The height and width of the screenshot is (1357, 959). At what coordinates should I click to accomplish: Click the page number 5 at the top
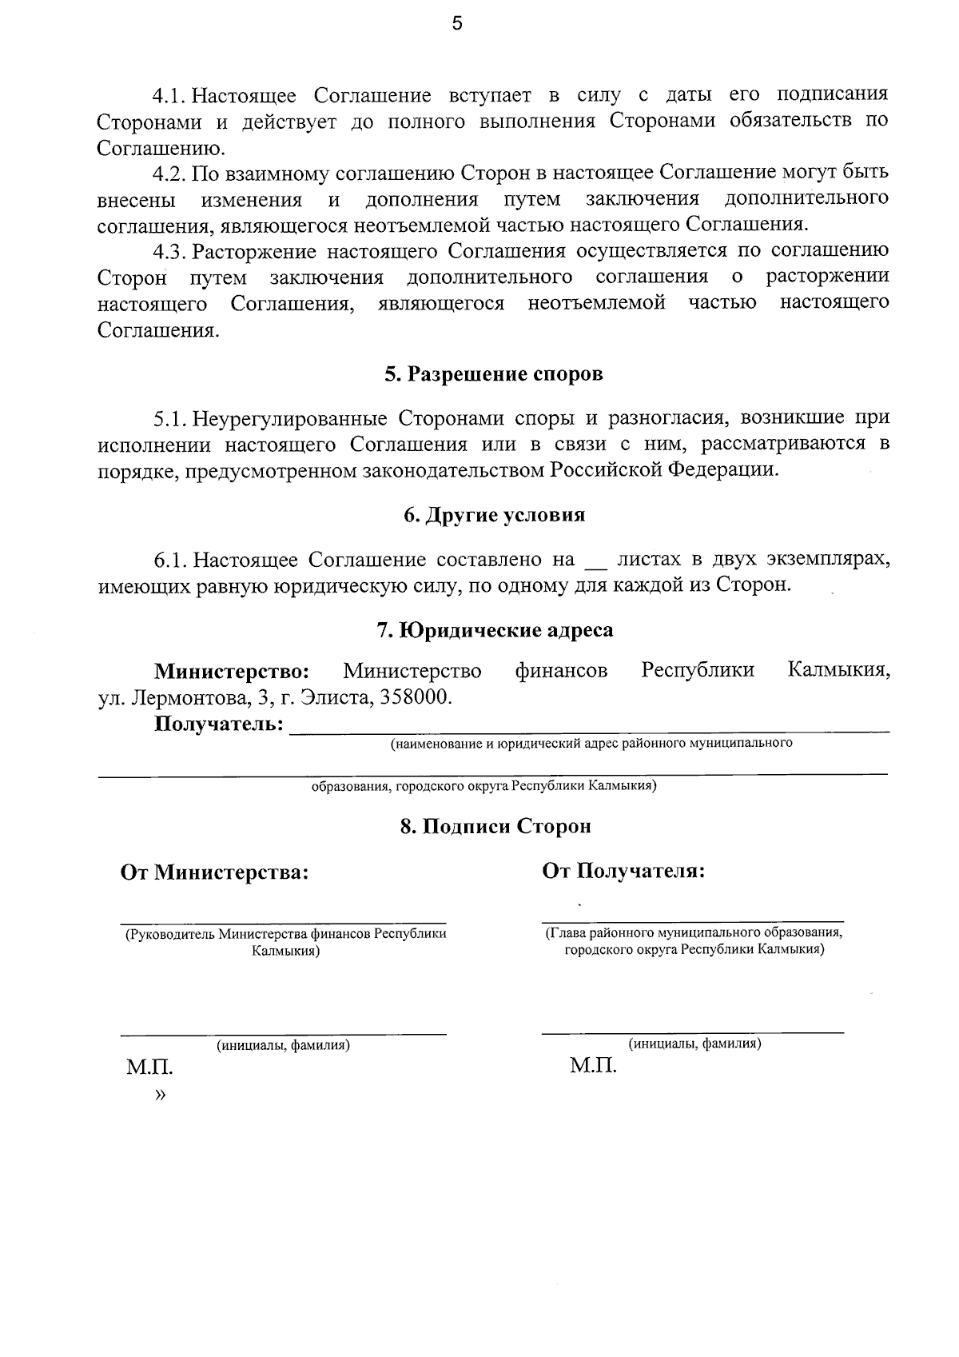coord(456,24)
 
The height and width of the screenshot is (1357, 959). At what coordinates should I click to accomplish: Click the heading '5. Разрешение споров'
coord(493,374)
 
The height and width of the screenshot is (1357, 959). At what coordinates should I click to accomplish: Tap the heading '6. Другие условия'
coord(494,515)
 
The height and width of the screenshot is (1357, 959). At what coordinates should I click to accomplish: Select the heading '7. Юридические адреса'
coord(495,630)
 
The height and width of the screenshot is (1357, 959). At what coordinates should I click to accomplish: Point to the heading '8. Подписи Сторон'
coord(495,826)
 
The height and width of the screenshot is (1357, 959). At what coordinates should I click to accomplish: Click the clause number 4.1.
coord(169,96)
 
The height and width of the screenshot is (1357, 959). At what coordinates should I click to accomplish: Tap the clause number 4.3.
coord(169,252)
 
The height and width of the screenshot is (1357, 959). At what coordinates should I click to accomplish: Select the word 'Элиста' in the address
coord(335,696)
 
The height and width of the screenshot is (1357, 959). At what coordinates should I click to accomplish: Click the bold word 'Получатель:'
coord(219,724)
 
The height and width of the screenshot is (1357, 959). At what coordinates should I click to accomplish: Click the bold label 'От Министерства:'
coord(214,872)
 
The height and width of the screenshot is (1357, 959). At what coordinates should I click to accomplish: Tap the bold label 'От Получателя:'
coord(623,870)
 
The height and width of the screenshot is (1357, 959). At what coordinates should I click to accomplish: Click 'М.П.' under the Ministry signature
coord(149,1068)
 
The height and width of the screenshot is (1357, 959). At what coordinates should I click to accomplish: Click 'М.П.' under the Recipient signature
coord(593,1066)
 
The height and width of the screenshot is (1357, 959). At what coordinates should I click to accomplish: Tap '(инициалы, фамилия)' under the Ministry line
coord(283,1044)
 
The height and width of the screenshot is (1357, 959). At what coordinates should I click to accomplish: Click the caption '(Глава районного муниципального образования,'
coord(694,932)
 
